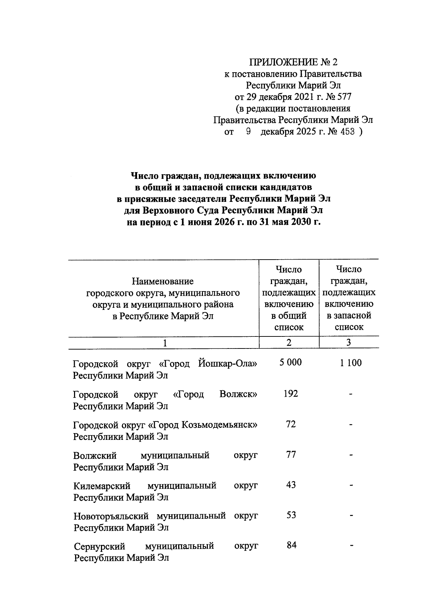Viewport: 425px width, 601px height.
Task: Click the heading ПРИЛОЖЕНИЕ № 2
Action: pos(293,62)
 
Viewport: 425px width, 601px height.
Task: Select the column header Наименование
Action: pos(163,281)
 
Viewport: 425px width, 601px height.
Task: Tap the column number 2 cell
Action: pos(289,342)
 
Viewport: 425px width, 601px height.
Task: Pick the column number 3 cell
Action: pos(349,342)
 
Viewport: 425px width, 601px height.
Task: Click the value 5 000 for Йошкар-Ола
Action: pos(290,362)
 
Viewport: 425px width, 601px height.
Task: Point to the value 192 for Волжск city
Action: pos(290,393)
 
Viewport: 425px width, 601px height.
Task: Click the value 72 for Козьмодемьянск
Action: pos(291,424)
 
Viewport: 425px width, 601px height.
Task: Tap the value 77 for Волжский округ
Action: pos(291,454)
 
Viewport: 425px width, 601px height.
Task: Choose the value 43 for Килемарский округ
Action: pos(291,485)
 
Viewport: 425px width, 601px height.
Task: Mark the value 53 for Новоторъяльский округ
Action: pos(291,515)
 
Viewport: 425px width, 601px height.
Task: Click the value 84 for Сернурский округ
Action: pos(291,545)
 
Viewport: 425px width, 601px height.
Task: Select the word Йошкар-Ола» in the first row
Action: pos(228,364)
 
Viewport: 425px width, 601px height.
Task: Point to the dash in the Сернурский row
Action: pos(351,546)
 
